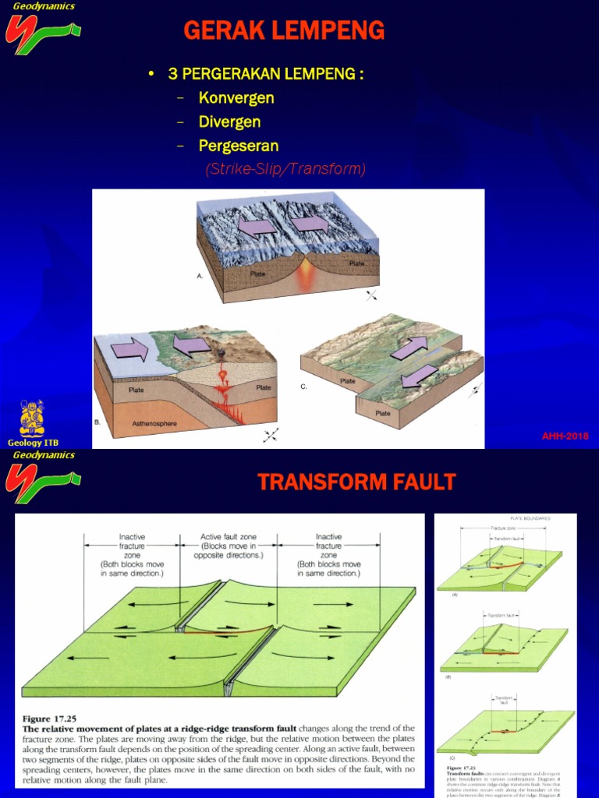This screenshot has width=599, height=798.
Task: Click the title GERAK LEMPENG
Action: point(284,31)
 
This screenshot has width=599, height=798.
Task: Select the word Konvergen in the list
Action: point(236,98)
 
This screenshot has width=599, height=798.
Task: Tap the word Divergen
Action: point(229,122)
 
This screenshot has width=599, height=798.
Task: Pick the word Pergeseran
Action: point(239,146)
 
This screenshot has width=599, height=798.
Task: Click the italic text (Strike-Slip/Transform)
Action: point(285,169)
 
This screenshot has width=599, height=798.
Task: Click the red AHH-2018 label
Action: point(565,436)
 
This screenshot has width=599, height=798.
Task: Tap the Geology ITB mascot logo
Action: point(32,418)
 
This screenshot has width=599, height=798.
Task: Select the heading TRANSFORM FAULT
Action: point(356,482)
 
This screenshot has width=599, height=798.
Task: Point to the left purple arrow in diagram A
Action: point(257,227)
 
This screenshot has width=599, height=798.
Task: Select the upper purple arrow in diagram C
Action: point(409,348)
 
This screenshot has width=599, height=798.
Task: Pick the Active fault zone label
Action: point(229,546)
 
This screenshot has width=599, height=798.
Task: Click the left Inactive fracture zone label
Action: point(132,555)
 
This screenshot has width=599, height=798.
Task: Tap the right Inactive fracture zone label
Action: point(328,555)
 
